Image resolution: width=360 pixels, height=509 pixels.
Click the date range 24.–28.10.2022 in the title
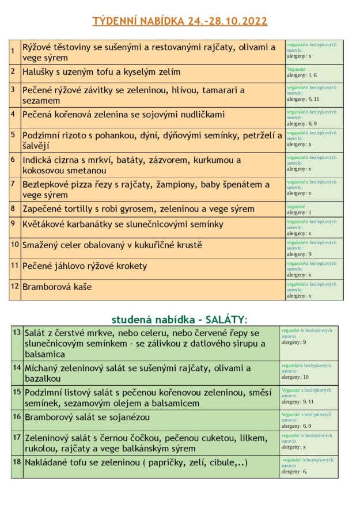pos(227,21)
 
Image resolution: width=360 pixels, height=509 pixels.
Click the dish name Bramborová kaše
pos(57,287)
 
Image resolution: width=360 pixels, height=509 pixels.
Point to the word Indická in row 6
pos(39,160)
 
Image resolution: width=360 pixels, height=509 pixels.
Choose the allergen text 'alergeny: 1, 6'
pos(302,75)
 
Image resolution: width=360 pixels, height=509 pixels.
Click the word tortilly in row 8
pos(81,209)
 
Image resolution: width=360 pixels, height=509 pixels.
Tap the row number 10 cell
pos(15,245)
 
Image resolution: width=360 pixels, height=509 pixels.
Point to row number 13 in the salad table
pos(17,333)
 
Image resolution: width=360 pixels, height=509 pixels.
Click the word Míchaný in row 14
pos(44,368)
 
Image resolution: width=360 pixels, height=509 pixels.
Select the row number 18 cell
pos(17,462)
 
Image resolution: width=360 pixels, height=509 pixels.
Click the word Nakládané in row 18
pos(50,463)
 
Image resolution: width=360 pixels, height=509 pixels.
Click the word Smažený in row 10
pos(42,245)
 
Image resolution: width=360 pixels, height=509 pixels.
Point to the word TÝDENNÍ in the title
pos(116,21)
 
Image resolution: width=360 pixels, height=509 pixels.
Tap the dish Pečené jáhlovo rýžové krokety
pos(85,266)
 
